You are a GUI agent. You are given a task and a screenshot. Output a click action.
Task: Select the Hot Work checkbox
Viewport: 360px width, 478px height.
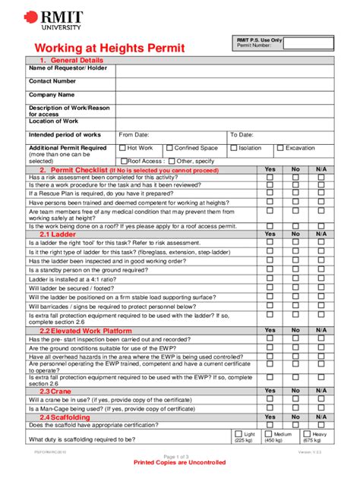[x=122, y=148]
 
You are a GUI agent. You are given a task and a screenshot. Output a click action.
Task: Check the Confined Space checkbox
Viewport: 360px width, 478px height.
[x=169, y=148]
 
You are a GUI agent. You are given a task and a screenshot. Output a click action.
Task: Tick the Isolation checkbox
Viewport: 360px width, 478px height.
[x=234, y=148]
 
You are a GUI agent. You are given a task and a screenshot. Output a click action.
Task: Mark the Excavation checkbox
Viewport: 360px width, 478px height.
[x=281, y=148]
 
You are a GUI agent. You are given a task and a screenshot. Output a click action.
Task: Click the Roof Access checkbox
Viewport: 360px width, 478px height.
[x=122, y=161]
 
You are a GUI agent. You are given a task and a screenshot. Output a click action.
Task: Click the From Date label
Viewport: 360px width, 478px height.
[x=134, y=134]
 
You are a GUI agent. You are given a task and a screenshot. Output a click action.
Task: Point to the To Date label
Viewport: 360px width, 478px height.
[x=242, y=134]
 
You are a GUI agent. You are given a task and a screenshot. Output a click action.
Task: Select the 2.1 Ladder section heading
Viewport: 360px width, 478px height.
[x=58, y=234]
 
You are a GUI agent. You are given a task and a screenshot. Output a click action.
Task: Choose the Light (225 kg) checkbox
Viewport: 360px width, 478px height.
[x=237, y=434]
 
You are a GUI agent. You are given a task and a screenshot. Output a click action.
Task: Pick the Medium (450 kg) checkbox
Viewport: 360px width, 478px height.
[x=268, y=434]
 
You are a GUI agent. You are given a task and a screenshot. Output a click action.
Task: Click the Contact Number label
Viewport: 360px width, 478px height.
[x=52, y=80]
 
